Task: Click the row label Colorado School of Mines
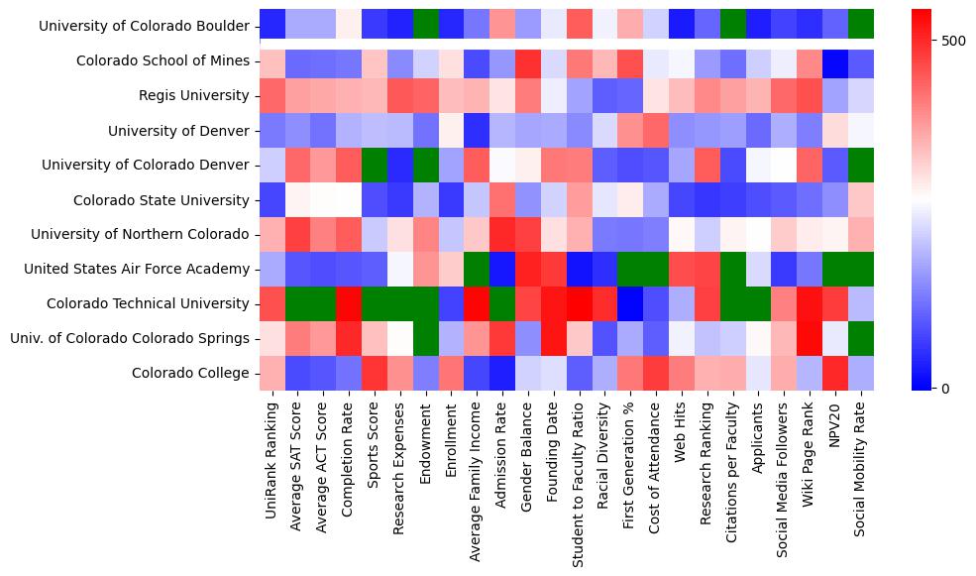[x=163, y=61]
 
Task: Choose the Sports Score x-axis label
[x=375, y=450]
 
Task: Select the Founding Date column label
[x=555, y=455]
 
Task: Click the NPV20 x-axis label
[x=836, y=427]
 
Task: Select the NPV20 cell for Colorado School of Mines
[x=836, y=61]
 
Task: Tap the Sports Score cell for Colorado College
[x=375, y=374]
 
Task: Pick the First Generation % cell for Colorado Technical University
[x=631, y=304]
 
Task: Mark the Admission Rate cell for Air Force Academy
[x=503, y=270]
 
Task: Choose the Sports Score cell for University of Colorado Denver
[x=375, y=166]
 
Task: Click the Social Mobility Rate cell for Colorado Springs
[x=862, y=339]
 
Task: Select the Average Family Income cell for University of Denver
[x=478, y=131]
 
